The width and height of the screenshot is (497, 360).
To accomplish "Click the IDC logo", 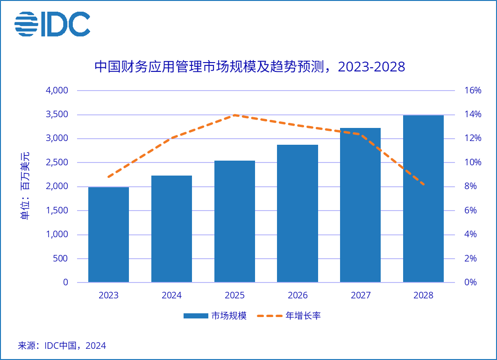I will [x=52, y=24].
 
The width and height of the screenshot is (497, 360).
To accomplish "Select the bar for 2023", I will [x=108, y=234].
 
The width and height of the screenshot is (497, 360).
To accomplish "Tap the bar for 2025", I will [x=234, y=221].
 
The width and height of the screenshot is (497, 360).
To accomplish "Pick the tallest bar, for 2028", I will [x=423, y=198].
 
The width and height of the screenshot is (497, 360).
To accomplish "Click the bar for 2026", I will [x=298, y=213].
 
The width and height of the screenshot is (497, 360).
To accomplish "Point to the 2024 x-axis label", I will [x=171, y=296].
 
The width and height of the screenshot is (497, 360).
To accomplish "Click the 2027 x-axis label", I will [x=361, y=296].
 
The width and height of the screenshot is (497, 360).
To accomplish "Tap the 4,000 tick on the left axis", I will [x=57, y=91].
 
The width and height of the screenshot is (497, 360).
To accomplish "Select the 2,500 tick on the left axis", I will [x=57, y=162].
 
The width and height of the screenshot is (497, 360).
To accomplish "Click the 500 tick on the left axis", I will [x=59, y=259].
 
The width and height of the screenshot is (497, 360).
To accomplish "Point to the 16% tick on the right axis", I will [x=473, y=91].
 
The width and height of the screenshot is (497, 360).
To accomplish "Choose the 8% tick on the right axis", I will [x=470, y=186].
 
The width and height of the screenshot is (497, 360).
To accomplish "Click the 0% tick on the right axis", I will [x=470, y=282].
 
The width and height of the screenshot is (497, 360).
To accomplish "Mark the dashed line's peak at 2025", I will [x=234, y=115].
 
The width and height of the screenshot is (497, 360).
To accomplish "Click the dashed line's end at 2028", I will [x=423, y=184].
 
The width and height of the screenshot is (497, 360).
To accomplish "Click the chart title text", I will [x=249, y=67].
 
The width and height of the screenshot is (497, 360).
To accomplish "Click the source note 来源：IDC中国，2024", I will [x=62, y=346].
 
